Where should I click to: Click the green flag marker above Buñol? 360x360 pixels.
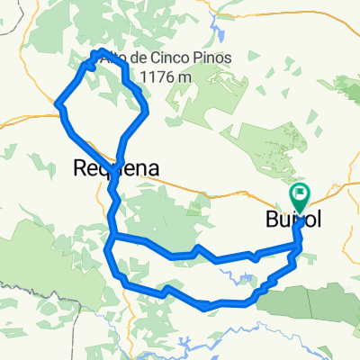tap(299, 193)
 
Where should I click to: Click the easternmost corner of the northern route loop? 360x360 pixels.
tap(146, 111)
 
